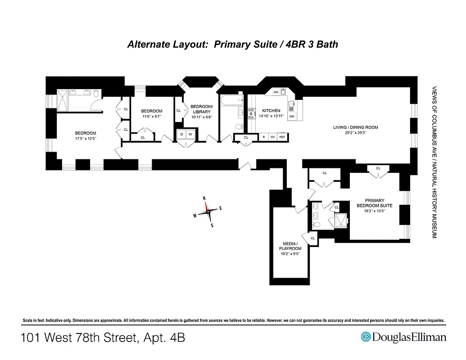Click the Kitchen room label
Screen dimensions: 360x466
[271, 110]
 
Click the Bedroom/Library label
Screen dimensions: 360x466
[201, 109]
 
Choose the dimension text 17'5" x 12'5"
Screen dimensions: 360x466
[85, 138]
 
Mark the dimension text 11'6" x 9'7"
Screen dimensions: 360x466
[151, 117]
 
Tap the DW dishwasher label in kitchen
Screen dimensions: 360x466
[292, 117]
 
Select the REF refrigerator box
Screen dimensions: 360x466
[282, 137]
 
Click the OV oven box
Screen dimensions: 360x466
[272, 137]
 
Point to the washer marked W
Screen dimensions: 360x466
[190, 134]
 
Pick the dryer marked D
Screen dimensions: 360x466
[181, 134]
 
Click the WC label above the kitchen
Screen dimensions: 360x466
[276, 92]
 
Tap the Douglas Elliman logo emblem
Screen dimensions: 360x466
[366, 337]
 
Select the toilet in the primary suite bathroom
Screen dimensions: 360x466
[316, 224]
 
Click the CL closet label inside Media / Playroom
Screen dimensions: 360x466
[312, 238]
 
